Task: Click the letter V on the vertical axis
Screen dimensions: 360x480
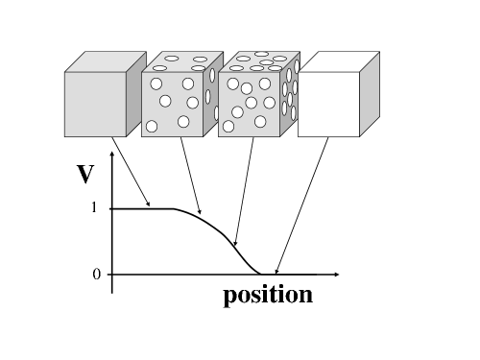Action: (x=85, y=175)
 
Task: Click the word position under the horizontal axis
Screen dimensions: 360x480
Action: (x=268, y=295)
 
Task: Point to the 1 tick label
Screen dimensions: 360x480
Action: (x=95, y=208)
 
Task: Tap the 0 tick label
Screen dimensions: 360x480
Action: (x=96, y=275)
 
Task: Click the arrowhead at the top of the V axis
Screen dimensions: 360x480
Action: (x=112, y=155)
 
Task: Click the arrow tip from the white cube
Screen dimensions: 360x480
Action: (x=276, y=274)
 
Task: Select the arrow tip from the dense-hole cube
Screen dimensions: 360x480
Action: (x=235, y=245)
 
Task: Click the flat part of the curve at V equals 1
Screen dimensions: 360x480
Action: (x=144, y=208)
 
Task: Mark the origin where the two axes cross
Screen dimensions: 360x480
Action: (x=112, y=275)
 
